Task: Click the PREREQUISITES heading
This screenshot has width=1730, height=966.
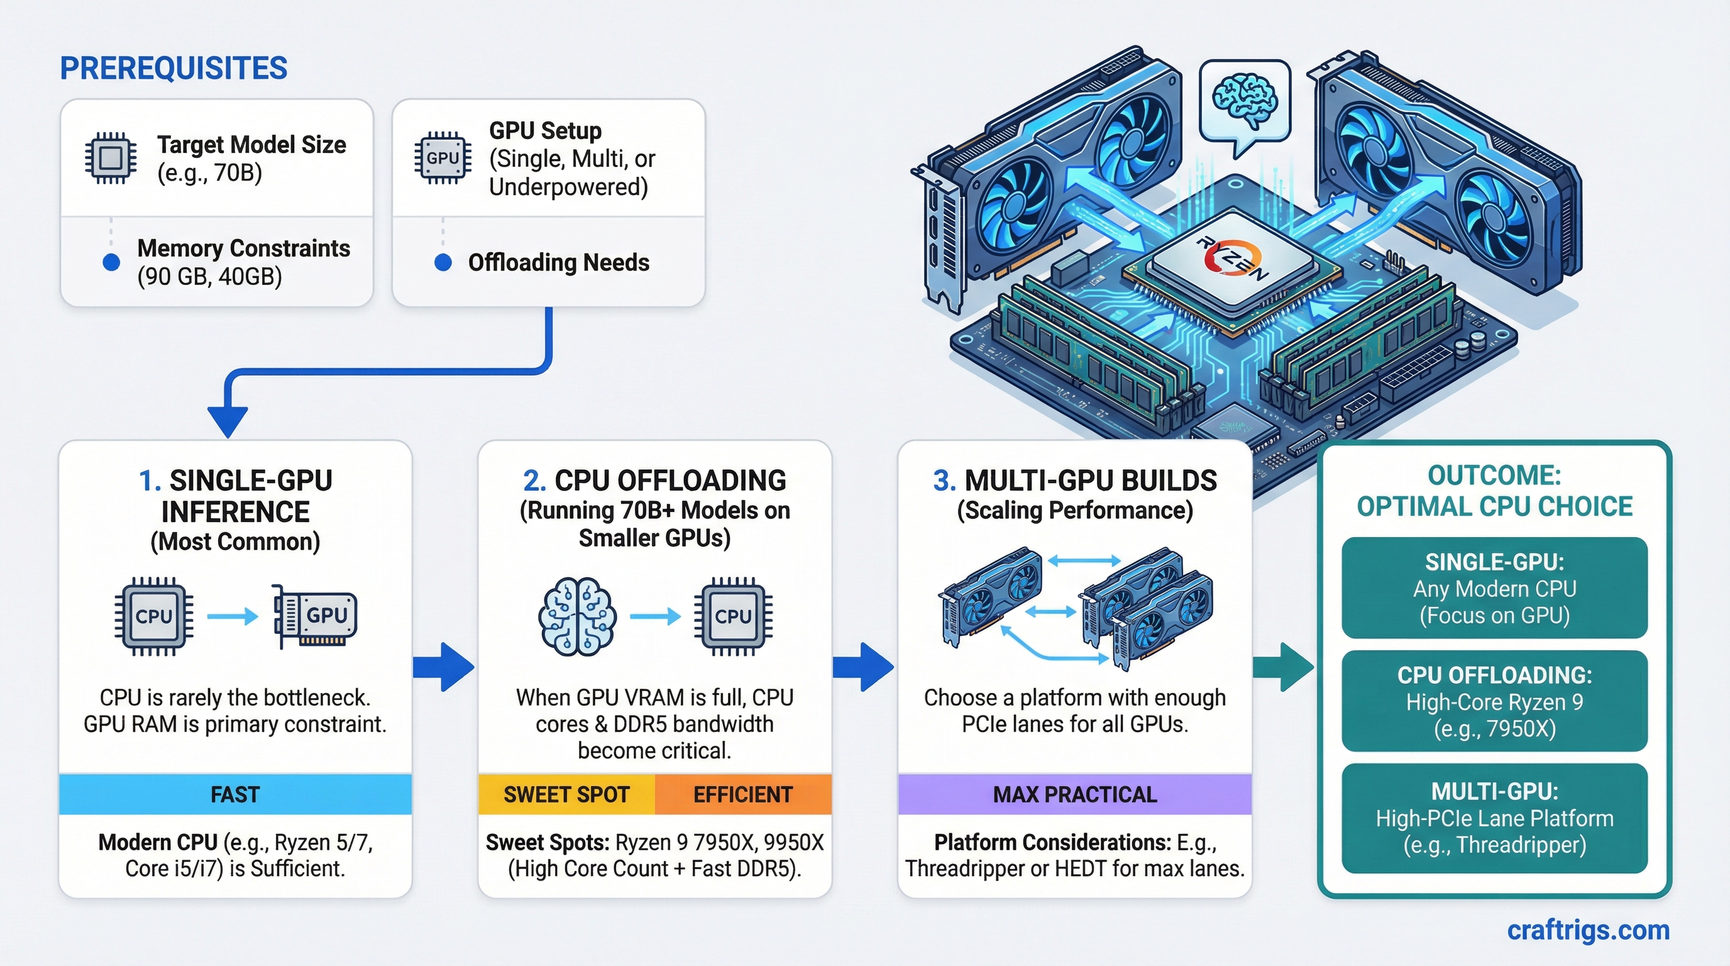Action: pyautogui.click(x=174, y=69)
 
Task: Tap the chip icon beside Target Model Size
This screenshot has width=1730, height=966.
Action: pyautogui.click(x=111, y=158)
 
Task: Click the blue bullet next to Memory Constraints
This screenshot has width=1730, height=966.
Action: pyautogui.click(x=111, y=262)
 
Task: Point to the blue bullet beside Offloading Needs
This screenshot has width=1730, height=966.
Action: pyautogui.click(x=443, y=262)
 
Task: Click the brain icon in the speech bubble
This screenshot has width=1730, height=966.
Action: pyautogui.click(x=1245, y=101)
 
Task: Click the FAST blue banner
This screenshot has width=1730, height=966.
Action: pyautogui.click(x=235, y=794)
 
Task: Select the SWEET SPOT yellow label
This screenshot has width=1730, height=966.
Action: pyautogui.click(x=566, y=794)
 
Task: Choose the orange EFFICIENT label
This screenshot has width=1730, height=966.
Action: pyautogui.click(x=743, y=794)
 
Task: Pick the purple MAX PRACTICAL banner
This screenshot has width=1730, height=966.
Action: pyautogui.click(x=1074, y=794)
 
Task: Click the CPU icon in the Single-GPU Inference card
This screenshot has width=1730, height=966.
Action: pyautogui.click(x=154, y=616)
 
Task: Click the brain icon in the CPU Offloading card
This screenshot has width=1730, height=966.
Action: pyautogui.click(x=576, y=616)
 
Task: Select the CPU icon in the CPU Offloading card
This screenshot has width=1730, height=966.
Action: pyautogui.click(x=733, y=616)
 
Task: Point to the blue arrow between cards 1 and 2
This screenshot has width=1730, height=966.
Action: pyautogui.click(x=444, y=667)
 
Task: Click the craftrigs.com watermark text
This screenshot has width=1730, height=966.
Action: pyautogui.click(x=1588, y=930)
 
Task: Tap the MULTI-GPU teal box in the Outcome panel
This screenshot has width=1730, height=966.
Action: pyautogui.click(x=1494, y=818)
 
